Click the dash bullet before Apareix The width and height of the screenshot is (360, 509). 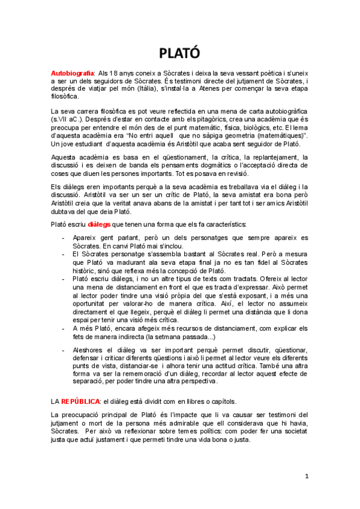pyautogui.click(x=64, y=238)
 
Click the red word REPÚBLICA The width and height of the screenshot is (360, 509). pyautogui.click(x=80, y=401)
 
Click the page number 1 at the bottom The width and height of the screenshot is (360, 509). pyautogui.click(x=307, y=476)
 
